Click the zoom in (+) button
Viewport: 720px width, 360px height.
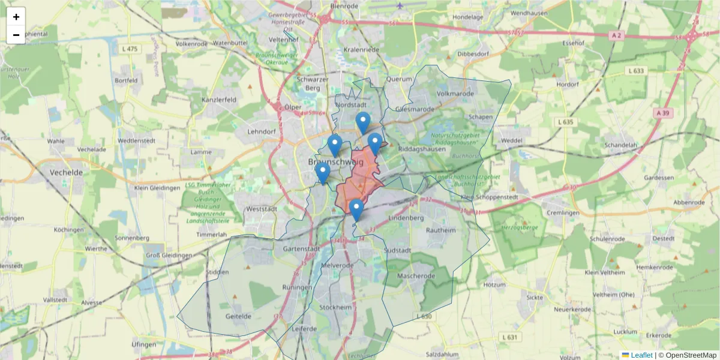click(x=16, y=17)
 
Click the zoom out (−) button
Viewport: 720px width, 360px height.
click(x=16, y=35)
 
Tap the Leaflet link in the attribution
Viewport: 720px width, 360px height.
click(x=641, y=355)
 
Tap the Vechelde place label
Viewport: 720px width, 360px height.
click(x=66, y=172)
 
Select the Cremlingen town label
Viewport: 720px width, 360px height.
click(x=562, y=213)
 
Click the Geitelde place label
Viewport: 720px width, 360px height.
click(x=238, y=316)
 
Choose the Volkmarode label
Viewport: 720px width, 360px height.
click(x=456, y=94)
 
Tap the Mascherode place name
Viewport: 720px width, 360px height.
click(x=415, y=276)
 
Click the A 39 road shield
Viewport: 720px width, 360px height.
click(x=662, y=113)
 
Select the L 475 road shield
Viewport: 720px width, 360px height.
click(x=130, y=49)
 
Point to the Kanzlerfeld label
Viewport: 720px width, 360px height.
click(x=219, y=100)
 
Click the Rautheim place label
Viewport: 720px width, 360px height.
click(x=440, y=230)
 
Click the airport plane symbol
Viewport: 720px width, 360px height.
click(x=400, y=6)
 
